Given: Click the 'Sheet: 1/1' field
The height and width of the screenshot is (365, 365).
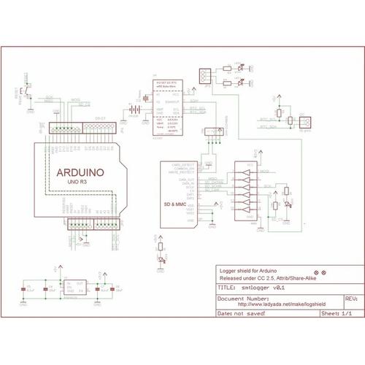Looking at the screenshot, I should point(335,313).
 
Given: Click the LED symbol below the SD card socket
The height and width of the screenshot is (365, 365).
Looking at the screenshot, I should point(161,248).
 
